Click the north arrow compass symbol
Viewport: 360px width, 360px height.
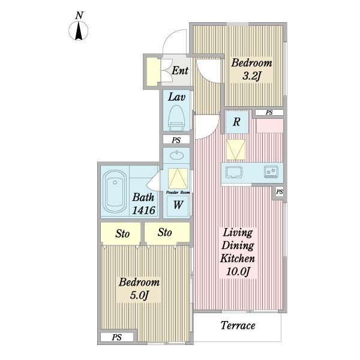coord(79,31)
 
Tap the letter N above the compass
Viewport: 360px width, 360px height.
coord(79,16)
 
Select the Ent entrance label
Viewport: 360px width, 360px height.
coord(180,70)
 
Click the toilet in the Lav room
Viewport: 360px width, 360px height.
coord(176,118)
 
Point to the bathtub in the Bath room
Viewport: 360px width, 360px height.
coord(115,191)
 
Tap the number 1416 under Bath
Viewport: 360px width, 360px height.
coord(144,210)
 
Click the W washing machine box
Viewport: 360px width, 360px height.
coord(178,205)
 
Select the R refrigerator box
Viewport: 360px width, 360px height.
coord(237,122)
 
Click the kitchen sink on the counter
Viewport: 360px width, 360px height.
coord(234,172)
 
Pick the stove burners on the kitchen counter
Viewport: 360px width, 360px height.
coord(271,172)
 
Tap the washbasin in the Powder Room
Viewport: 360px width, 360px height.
coord(176,155)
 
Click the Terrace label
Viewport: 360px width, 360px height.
coord(238,325)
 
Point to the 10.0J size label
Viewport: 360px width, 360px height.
coord(238,272)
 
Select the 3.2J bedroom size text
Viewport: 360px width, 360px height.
coord(252,76)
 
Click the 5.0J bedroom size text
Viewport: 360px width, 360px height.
coord(139,295)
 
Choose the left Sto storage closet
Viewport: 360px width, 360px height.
coord(121,233)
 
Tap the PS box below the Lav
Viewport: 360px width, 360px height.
coord(176,140)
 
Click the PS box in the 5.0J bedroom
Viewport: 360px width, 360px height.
coord(117,337)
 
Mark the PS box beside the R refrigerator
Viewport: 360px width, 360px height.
coord(269,113)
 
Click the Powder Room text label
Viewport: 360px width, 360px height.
coord(178,193)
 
